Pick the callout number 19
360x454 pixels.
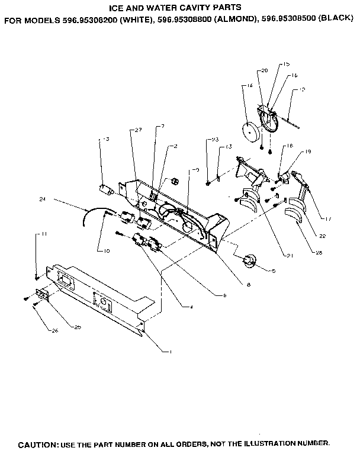pyautogui.click(x=308, y=152)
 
